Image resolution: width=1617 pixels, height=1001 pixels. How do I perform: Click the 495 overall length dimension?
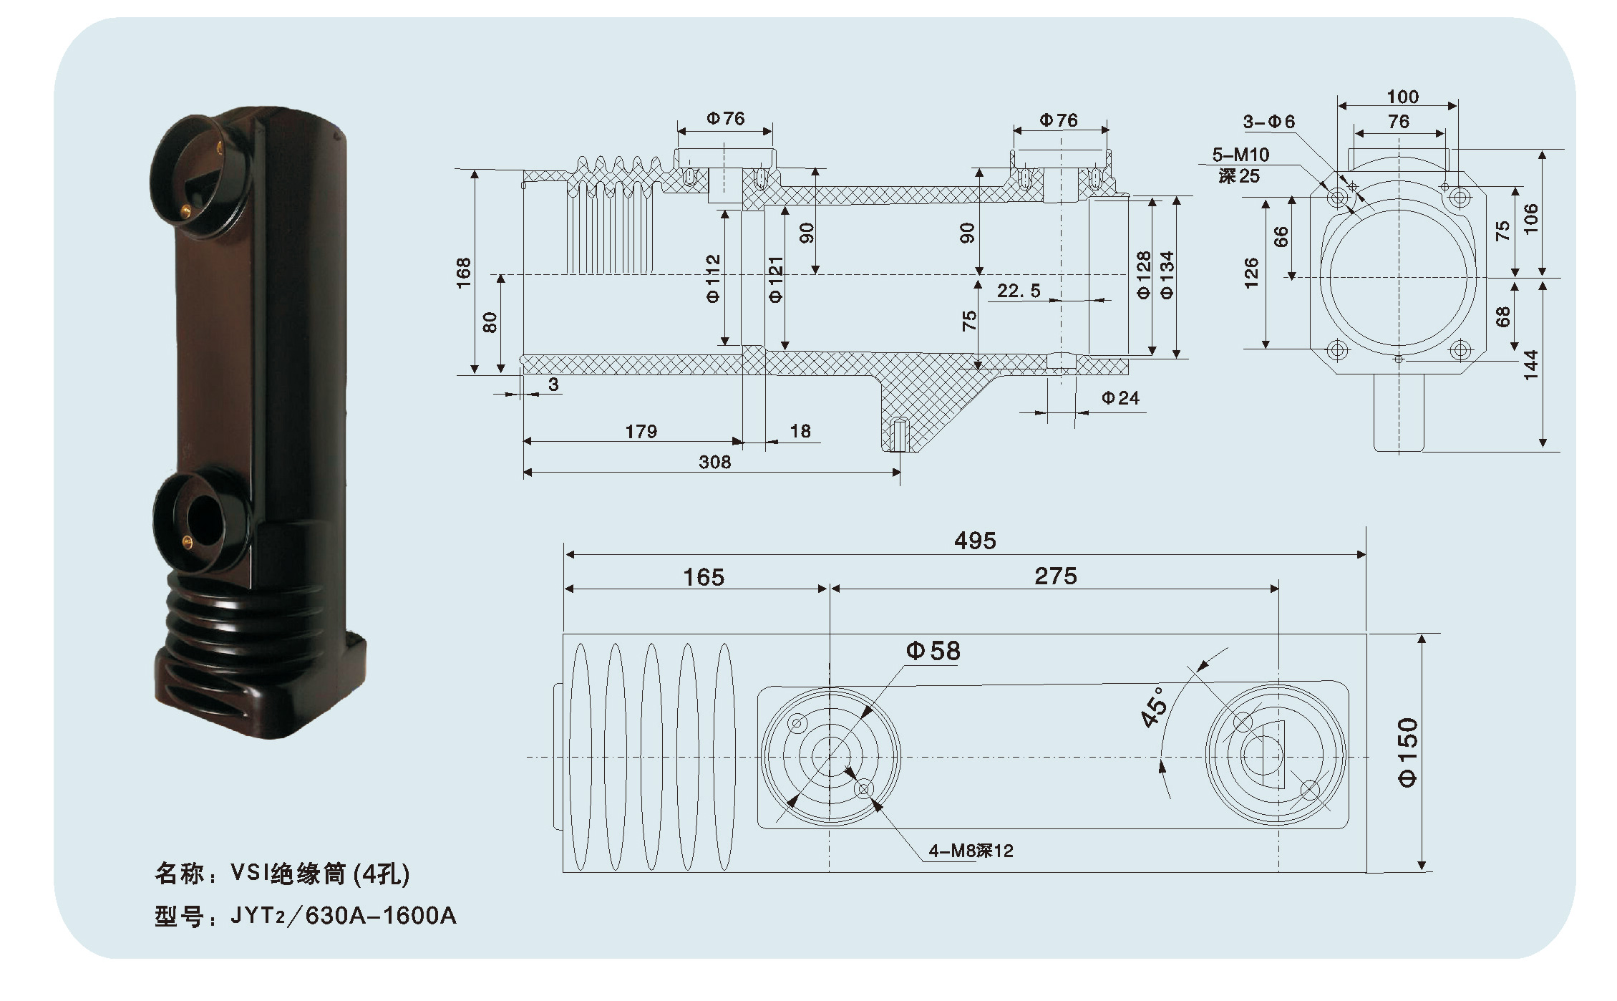tap(974, 541)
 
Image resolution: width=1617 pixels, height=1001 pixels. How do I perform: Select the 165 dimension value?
tap(703, 577)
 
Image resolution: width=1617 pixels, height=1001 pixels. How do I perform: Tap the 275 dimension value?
tap(1055, 576)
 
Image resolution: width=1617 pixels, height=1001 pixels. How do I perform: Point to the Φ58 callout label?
tap(933, 651)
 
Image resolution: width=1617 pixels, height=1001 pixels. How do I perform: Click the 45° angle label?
tap(1154, 707)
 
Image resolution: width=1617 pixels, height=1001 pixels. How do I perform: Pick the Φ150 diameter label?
tap(1407, 753)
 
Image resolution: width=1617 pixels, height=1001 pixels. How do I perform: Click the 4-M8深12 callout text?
tap(971, 851)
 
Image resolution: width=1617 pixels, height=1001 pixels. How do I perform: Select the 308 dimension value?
tap(714, 463)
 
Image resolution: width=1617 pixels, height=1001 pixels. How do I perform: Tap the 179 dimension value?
tap(641, 432)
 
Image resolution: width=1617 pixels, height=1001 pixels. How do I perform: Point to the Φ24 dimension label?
tap(1120, 398)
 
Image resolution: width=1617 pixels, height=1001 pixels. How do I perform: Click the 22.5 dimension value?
tap(1019, 291)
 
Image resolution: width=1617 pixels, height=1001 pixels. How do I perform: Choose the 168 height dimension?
tap(464, 273)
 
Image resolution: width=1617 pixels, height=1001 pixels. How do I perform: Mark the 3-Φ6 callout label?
tap(1268, 122)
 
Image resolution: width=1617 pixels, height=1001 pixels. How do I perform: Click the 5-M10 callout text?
tap(1240, 155)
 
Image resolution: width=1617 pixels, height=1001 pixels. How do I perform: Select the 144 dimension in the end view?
tap(1530, 364)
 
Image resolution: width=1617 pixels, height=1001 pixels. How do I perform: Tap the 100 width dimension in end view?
tap(1402, 97)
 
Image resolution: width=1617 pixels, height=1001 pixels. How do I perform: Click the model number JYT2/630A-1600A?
tap(343, 916)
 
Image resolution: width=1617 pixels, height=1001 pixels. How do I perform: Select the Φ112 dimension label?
tap(713, 279)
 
